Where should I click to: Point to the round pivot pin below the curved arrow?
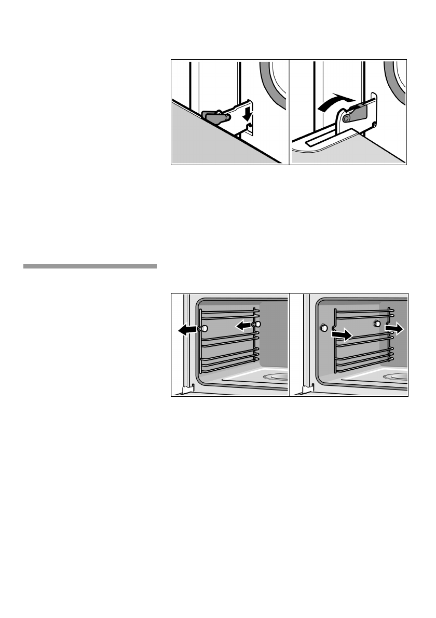pyautogui.click(x=346, y=119)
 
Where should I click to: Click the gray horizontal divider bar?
pyautogui.click(x=90, y=266)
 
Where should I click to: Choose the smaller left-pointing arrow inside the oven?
pyautogui.click(x=242, y=325)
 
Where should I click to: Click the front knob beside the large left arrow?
pyautogui.click(x=204, y=328)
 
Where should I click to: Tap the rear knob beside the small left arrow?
pyautogui.click(x=257, y=324)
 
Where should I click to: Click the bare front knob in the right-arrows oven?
pyautogui.click(x=324, y=328)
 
